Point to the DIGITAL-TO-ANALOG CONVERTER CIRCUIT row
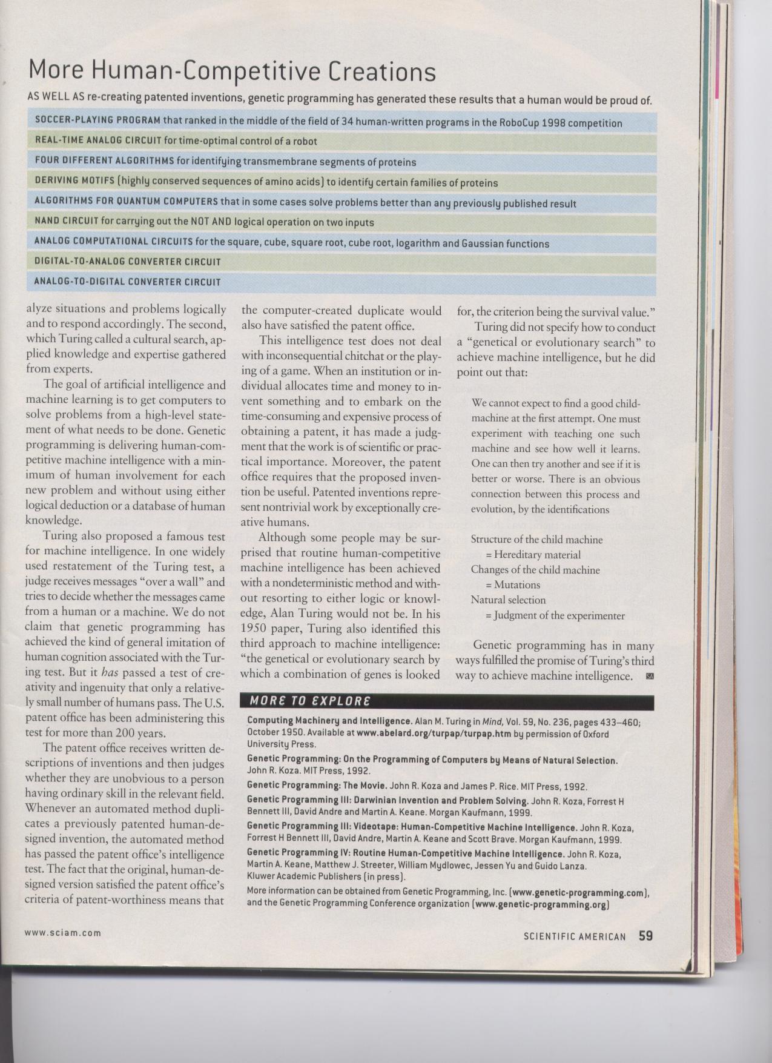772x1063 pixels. (127, 262)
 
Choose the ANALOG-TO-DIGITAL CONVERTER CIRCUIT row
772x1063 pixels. (127, 282)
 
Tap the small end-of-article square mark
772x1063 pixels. (650, 676)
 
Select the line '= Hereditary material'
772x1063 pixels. (533, 555)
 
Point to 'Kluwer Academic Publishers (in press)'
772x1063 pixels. (326, 876)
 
